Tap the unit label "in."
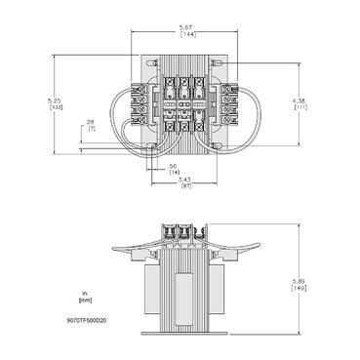tap(87, 292)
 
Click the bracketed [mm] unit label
tap(87, 300)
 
